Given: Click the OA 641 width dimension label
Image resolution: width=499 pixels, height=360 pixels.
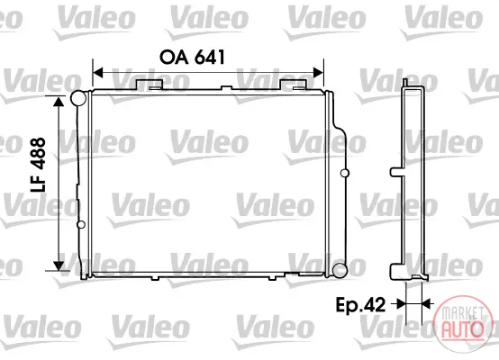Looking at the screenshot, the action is [x=192, y=58].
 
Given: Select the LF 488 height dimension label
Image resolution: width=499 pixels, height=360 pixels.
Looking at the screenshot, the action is [x=38, y=165].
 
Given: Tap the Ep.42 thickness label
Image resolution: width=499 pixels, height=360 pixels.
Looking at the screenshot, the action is [x=360, y=305].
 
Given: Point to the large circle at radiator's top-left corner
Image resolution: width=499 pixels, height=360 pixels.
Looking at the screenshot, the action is [x=78, y=98].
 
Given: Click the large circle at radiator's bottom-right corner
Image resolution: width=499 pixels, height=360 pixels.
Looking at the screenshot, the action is [x=340, y=271].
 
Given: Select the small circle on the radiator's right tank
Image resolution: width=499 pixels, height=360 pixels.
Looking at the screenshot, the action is [x=345, y=174].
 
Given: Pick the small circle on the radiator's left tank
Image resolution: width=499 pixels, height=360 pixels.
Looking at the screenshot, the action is [x=81, y=224].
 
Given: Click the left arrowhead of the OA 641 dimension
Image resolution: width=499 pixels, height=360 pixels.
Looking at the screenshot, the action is [x=97, y=73].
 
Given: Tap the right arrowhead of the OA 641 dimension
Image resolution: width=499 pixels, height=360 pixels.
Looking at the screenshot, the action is [x=318, y=73].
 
